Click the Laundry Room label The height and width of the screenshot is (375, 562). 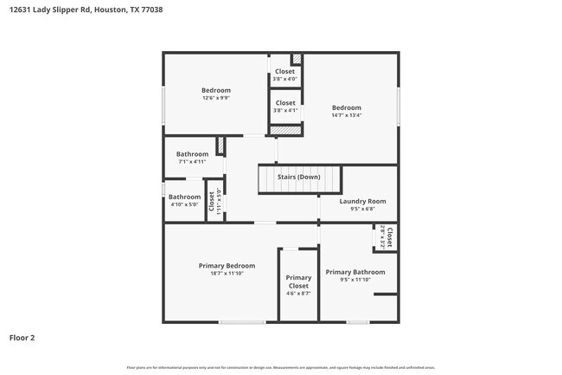click(x=362, y=201)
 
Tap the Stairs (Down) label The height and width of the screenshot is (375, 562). click(x=298, y=177)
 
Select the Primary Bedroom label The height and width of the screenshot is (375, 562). click(x=227, y=266)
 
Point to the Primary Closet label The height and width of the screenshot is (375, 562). click(x=298, y=281)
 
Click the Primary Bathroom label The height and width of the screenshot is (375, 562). click(x=355, y=272)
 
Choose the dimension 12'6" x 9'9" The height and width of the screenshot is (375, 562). click(x=216, y=97)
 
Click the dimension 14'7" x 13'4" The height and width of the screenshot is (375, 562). click(x=347, y=115)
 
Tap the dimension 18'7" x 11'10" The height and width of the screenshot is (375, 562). click(x=227, y=274)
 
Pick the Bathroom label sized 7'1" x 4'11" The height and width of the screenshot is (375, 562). click(x=193, y=154)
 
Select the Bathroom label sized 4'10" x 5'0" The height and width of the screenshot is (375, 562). click(x=184, y=197)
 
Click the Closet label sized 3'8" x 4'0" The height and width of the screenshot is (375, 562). click(x=284, y=72)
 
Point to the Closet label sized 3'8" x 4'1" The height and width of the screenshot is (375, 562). click(x=284, y=103)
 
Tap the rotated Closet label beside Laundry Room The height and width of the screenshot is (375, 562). click(x=389, y=237)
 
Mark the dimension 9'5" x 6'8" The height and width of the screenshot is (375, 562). click(x=362, y=209)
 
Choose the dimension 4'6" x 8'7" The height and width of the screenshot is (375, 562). click(x=298, y=294)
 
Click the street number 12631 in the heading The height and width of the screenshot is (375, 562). click(x=22, y=10)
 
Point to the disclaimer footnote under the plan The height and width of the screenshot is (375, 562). click(x=280, y=368)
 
